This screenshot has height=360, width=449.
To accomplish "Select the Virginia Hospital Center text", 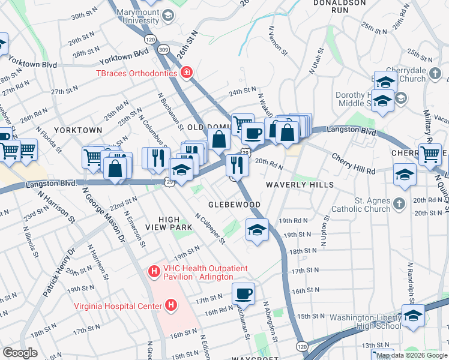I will tap(118, 306).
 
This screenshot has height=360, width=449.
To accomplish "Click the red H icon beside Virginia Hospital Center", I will tap(172, 307).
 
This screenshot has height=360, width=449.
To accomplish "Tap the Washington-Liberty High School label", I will tap(364, 321).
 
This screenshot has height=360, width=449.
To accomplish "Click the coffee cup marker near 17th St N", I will tap(243, 293).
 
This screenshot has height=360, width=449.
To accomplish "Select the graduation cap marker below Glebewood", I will tap(257, 230).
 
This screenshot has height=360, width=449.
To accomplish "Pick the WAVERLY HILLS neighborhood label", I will tap(300, 185).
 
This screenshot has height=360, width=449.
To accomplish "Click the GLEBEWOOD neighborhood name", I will tap(234, 205).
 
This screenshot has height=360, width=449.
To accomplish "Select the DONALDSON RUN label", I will tap(340, 7).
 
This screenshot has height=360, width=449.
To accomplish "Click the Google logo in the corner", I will tap(20, 353).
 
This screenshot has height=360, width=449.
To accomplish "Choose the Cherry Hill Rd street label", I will tap(354, 163).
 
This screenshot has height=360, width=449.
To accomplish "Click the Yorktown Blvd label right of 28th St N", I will tap(124, 58).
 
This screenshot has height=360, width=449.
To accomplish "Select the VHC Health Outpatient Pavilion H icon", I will tap(154, 272).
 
